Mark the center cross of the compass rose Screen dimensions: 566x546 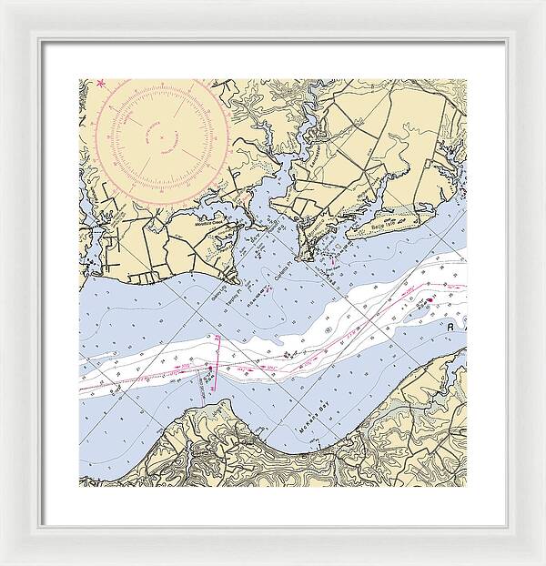(164, 137)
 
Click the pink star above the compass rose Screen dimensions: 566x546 (102, 85)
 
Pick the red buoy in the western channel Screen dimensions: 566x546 (208, 368)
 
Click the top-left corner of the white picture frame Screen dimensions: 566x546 (3, 3)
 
